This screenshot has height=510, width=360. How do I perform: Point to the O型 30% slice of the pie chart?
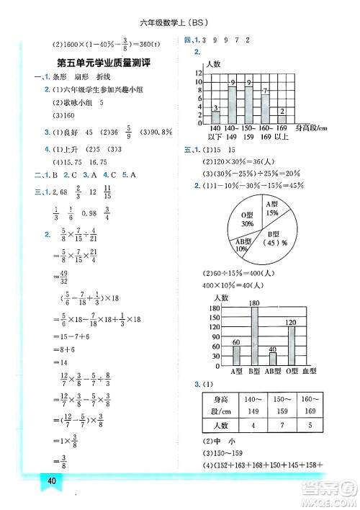point(247,220)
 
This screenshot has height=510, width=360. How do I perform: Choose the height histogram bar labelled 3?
point(215,114)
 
